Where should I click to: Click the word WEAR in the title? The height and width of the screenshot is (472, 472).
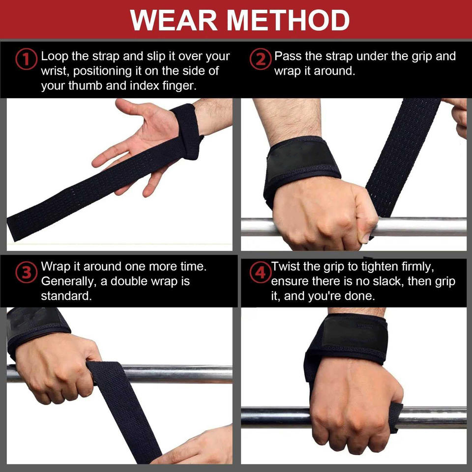[174, 20]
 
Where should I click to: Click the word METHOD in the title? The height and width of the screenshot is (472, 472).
[288, 20]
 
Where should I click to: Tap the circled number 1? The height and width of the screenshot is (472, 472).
[26, 59]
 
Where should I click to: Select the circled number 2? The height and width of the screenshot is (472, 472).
[261, 59]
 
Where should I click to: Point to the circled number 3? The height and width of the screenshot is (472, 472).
[26, 273]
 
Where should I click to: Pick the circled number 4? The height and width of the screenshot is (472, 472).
[261, 273]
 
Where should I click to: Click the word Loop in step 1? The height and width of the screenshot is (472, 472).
[55, 57]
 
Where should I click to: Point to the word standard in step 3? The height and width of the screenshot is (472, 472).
[66, 296]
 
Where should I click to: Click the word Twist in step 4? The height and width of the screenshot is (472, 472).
[286, 266]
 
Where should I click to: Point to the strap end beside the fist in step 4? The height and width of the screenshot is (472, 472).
[395, 417]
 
